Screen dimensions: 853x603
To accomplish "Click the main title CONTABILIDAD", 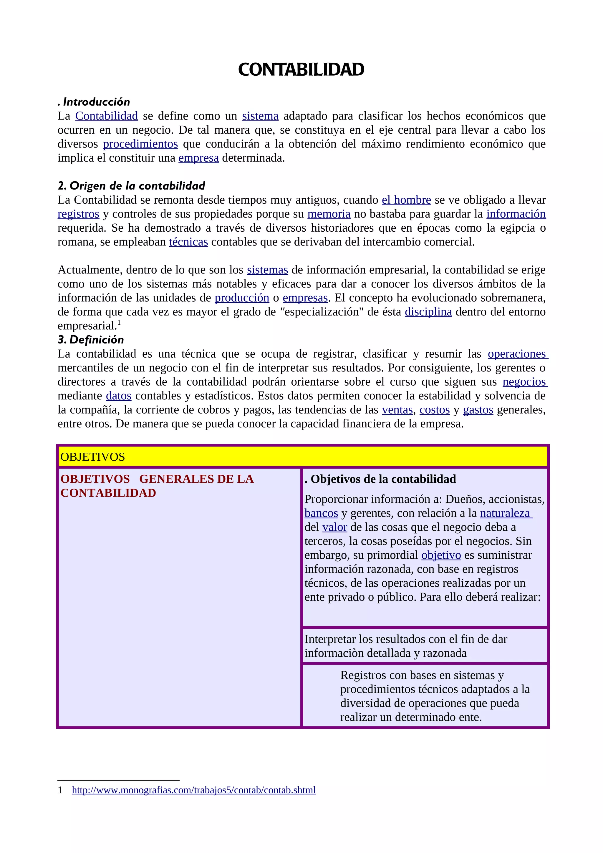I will [x=301, y=70].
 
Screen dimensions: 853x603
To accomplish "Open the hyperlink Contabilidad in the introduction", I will [x=106, y=116].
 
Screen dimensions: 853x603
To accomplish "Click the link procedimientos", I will [x=140, y=144].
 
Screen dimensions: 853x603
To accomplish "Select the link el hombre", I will [x=406, y=200].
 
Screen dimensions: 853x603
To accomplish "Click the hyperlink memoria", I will [x=329, y=214].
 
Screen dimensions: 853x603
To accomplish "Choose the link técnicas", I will [x=188, y=242].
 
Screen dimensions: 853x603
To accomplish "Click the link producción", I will [x=242, y=298].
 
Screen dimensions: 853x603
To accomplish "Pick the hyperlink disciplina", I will [x=428, y=312].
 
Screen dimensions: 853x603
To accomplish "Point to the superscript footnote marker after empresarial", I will [x=119, y=323].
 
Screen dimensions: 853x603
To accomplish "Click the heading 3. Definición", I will [x=91, y=340].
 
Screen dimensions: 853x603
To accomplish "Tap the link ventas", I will [x=397, y=410].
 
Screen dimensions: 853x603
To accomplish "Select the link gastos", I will [x=478, y=410].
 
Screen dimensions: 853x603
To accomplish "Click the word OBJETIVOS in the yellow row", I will [x=92, y=457].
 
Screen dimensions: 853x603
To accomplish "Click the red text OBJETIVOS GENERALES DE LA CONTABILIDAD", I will [x=157, y=486].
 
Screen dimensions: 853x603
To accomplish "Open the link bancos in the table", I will [x=321, y=513].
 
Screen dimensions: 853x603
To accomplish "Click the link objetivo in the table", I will [x=441, y=555].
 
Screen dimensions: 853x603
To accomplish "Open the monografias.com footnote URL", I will [x=193, y=790].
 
